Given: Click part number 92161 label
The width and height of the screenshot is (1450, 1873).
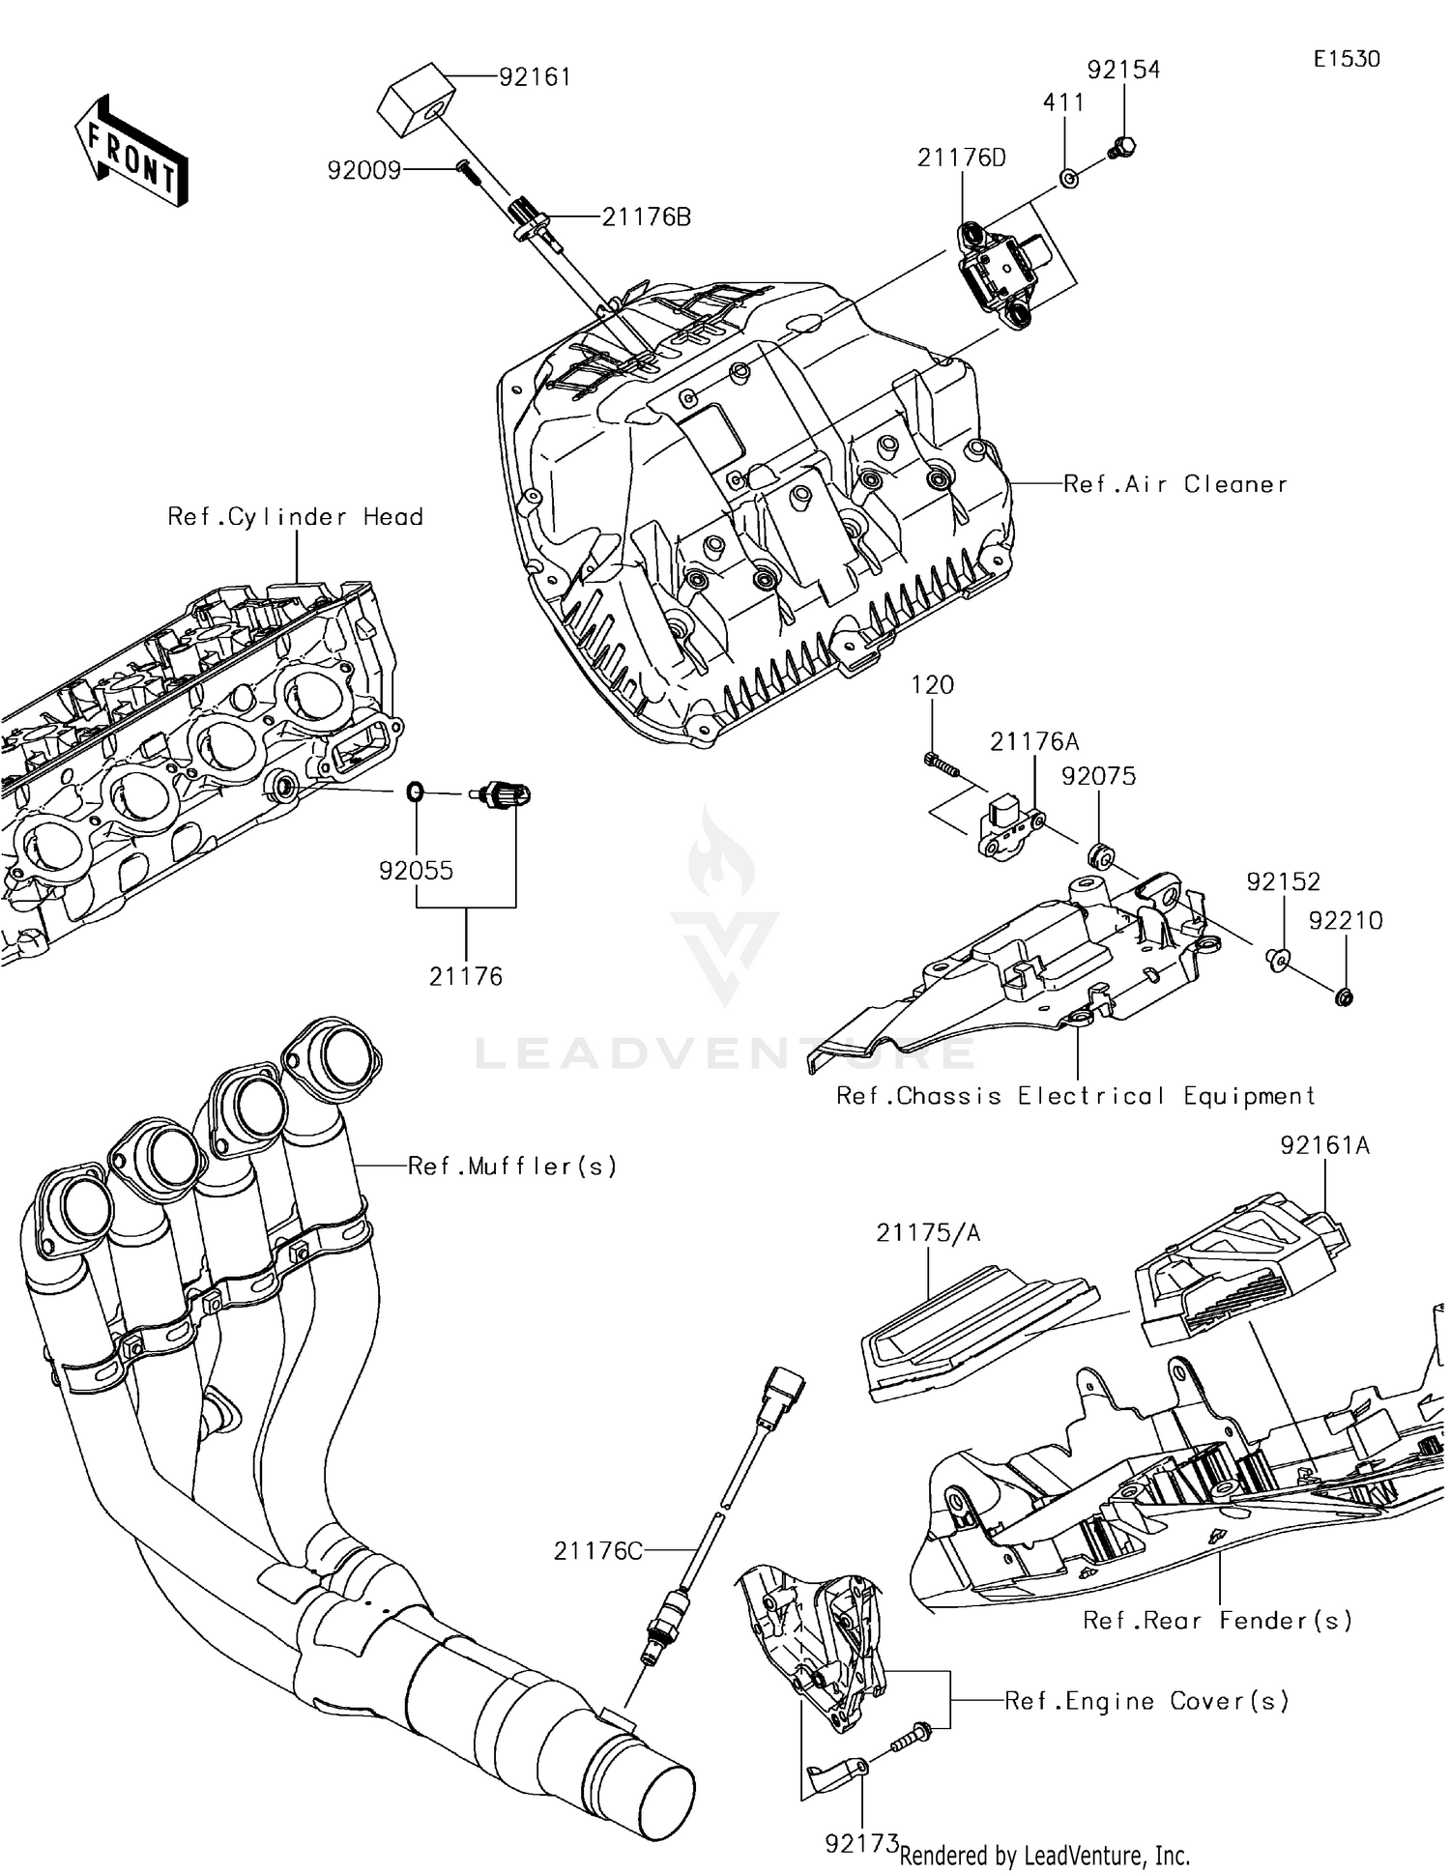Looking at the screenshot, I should pos(535,77).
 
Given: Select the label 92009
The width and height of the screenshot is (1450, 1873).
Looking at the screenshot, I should pos(363,171).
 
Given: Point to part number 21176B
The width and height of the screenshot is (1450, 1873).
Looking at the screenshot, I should pos(646,217).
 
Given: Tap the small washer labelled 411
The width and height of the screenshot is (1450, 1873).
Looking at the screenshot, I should pos(1069,179).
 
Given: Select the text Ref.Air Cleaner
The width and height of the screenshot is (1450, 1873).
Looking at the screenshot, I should pos(1174,484).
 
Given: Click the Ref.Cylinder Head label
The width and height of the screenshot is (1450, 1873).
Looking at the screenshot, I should pos(295,517).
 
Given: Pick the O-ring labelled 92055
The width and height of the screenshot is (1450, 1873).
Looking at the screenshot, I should pos(414,792).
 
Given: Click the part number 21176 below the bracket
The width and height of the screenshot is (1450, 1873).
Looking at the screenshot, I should pos(466,976).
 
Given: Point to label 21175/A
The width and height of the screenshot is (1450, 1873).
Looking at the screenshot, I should pos(928,1233).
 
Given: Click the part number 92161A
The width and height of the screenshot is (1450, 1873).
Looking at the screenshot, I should pos(1324,1145).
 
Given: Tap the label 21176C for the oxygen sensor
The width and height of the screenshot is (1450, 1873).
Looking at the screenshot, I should pos(597,1551).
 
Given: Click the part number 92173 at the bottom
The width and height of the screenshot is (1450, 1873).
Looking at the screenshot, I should pos(861,1844).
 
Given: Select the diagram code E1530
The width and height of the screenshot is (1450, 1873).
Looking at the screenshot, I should pos(1346,59).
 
